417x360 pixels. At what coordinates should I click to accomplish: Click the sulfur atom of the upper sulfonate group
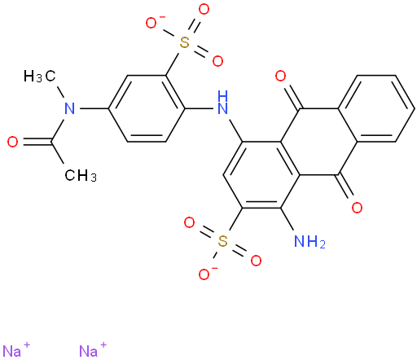[185, 42]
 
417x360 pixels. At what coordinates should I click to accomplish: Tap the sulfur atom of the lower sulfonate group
[222, 241]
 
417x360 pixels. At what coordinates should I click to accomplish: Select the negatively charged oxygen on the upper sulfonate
[152, 23]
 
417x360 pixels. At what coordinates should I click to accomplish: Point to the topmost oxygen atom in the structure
[204, 10]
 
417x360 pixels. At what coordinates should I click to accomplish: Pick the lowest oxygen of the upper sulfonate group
[217, 61]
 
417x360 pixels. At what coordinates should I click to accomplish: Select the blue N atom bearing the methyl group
[70, 108]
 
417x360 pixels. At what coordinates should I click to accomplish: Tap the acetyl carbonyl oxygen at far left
[13, 142]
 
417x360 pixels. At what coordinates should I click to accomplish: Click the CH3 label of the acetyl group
[81, 175]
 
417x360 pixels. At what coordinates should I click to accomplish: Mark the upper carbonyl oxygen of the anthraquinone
[280, 76]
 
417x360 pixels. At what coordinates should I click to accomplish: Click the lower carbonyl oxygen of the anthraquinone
[357, 208]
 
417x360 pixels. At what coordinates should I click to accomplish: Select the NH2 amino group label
[309, 241]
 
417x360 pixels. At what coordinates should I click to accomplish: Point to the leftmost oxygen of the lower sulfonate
[189, 222]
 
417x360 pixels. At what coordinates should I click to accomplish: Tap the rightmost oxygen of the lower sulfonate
[256, 261]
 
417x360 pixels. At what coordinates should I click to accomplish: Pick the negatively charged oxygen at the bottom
[205, 274]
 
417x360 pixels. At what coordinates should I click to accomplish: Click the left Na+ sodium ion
[16, 350]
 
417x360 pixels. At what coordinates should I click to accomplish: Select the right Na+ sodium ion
[93, 350]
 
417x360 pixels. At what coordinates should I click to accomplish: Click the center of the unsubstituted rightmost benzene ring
[376, 108]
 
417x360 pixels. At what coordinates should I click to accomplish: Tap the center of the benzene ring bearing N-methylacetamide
[147, 108]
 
